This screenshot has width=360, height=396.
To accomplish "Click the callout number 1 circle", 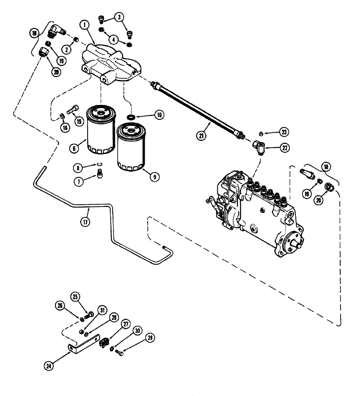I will (84, 24).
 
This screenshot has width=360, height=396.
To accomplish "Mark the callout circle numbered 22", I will (284, 148).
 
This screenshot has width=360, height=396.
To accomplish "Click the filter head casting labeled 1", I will (109, 61).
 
